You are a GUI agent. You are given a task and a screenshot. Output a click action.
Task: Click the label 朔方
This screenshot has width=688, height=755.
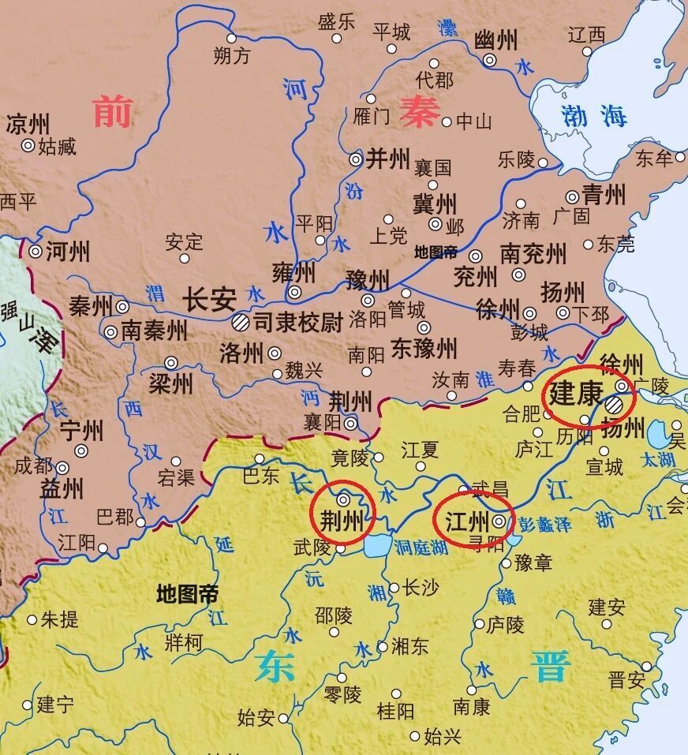point(232,56)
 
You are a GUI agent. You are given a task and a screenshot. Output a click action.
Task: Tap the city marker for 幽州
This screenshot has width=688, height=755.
point(490,60)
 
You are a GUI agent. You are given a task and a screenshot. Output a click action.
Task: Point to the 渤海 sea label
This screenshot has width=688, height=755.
point(594,116)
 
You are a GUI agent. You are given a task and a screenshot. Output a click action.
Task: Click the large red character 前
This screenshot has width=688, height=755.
point(112,111)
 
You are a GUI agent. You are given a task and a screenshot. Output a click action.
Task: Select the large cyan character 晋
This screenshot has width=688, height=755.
point(550,667)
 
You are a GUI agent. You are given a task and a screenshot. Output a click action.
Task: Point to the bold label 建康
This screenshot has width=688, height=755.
point(576,392)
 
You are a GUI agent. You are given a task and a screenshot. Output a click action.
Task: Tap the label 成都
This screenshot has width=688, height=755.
point(33,465)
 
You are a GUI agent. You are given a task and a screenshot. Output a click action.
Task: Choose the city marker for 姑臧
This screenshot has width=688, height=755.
point(28,145)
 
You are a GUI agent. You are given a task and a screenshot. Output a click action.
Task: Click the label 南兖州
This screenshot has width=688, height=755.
point(533,254)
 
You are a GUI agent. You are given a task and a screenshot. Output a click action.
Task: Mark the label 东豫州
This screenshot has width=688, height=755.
point(424,347)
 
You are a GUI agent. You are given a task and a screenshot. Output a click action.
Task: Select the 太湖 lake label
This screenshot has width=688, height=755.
point(657,459)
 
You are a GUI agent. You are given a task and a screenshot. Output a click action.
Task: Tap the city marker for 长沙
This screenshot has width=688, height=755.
point(394,588)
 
